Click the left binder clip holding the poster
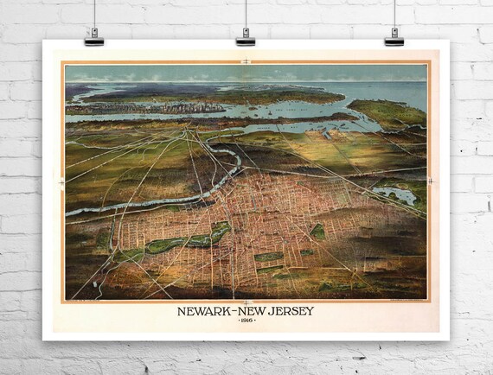pyautogui.click(x=94, y=36)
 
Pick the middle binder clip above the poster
pyautogui.click(x=246, y=36)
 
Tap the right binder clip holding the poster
pyautogui.click(x=394, y=36)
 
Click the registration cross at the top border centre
pyautogui.click(x=246, y=60)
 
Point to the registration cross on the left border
pyautogui.click(x=61, y=182)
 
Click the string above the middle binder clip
pyautogui.click(x=246, y=12)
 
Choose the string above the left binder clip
pyautogui.click(x=94, y=12)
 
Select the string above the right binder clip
pyautogui.click(x=394, y=12)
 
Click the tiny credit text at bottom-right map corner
pyautogui.click(x=401, y=299)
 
